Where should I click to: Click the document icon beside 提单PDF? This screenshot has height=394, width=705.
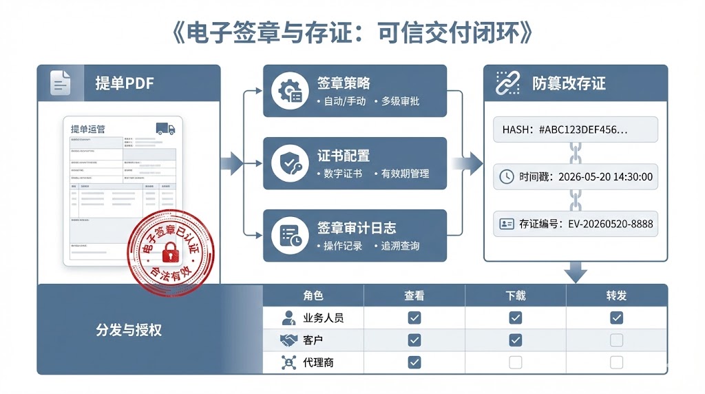(61, 83)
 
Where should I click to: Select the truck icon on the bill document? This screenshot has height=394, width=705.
(165, 129)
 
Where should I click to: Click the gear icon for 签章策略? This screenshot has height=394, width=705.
(289, 92)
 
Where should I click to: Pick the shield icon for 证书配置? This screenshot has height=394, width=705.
(289, 164)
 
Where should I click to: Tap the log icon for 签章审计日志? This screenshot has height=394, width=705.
(289, 236)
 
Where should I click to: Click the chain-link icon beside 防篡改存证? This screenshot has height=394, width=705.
(507, 83)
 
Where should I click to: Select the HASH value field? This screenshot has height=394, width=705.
(575, 129)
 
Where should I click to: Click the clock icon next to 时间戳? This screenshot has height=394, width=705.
(506, 176)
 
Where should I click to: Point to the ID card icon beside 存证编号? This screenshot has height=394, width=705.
(507, 224)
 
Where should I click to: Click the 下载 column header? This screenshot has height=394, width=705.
(515, 295)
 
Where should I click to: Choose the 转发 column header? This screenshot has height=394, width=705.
(616, 295)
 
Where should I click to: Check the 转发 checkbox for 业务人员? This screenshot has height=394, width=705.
(616, 318)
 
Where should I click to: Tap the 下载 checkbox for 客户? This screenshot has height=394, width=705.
(515, 340)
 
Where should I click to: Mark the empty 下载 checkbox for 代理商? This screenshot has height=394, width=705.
(515, 362)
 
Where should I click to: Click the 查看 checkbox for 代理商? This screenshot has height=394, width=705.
(414, 362)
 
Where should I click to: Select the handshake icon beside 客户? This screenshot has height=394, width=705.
(288, 340)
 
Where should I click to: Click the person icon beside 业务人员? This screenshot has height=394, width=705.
(288, 318)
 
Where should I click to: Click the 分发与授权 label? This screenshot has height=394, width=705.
(129, 330)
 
